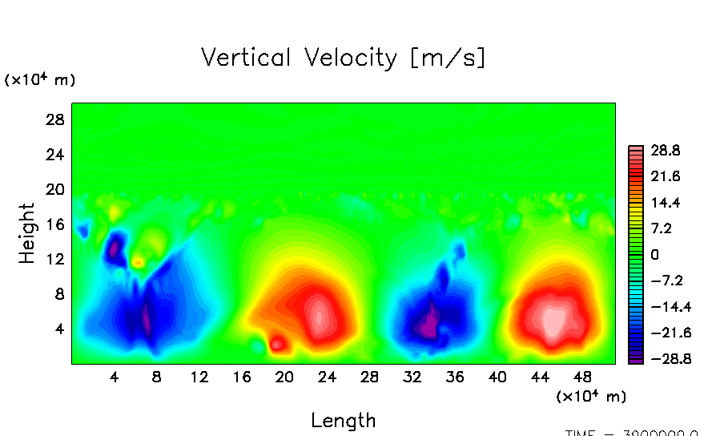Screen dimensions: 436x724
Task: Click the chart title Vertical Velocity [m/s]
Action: click(x=343, y=59)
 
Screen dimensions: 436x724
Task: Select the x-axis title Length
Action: click(x=343, y=420)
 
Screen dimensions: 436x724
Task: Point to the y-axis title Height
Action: click(x=28, y=233)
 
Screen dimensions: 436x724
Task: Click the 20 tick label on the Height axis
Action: click(x=54, y=189)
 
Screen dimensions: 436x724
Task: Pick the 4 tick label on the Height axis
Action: click(x=58, y=329)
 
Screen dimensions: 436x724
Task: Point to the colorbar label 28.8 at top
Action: click(x=665, y=151)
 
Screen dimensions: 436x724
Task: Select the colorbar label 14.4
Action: click(x=665, y=203)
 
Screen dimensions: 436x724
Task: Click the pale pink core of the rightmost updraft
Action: click(x=553, y=321)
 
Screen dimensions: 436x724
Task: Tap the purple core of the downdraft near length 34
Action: click(x=430, y=324)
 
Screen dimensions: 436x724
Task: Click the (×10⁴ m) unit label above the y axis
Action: click(x=40, y=80)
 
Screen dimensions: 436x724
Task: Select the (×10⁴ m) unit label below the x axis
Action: click(x=591, y=397)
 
